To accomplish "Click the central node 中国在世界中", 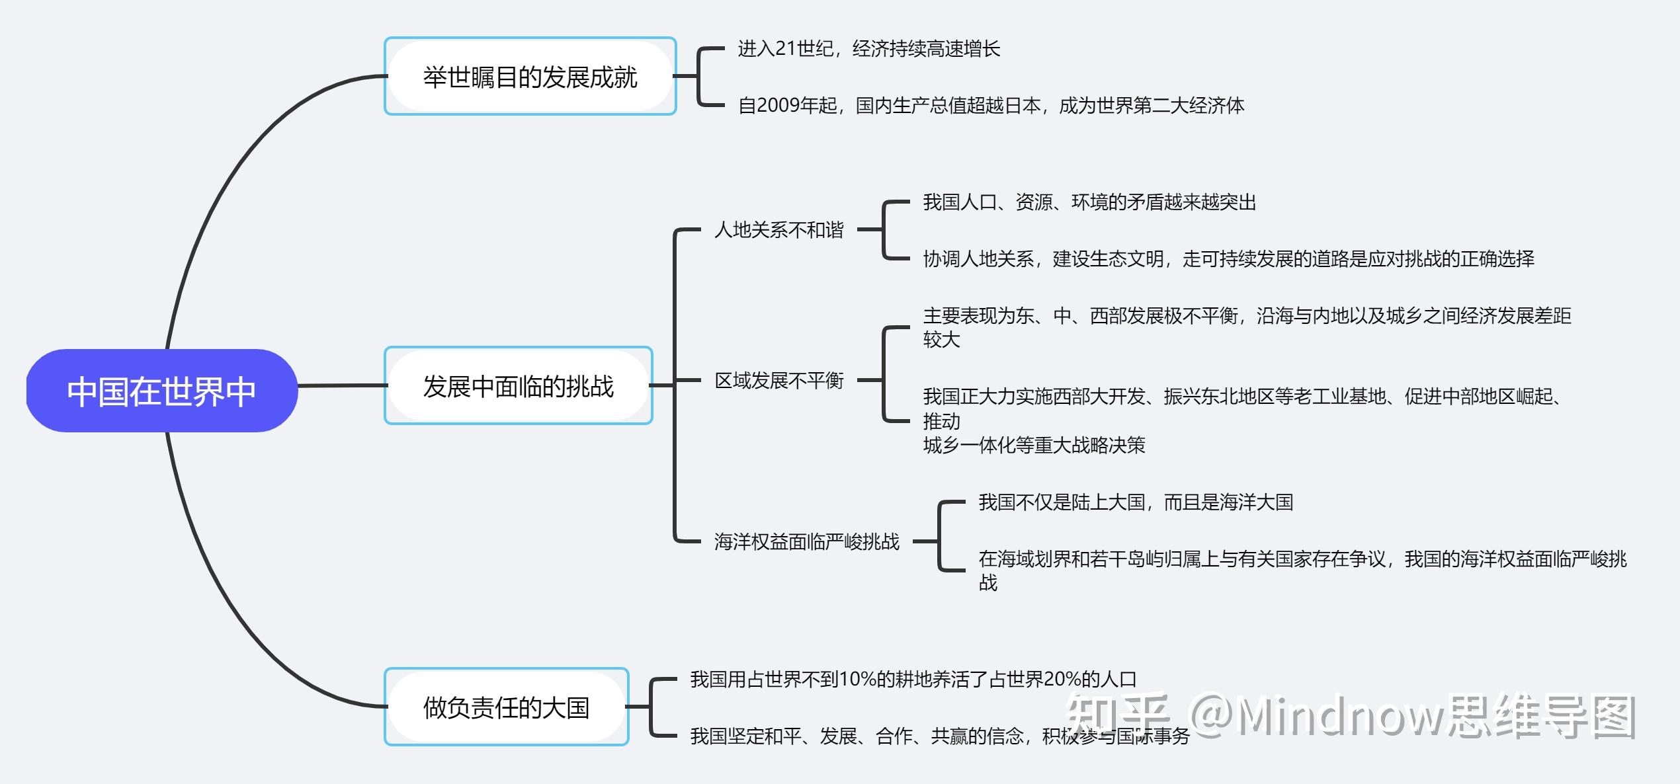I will tap(162, 391).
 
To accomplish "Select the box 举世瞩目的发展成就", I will tap(530, 77).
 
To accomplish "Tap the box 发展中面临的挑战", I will tap(519, 386).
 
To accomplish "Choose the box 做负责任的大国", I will tap(506, 707).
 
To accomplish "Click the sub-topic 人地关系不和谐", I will tap(778, 230).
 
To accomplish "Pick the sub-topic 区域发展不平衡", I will tap(778, 381).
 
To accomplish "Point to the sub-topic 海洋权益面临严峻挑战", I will tap(806, 542).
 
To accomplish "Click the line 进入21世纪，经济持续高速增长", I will tap(868, 49).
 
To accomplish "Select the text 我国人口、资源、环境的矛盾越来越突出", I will tap(1089, 202).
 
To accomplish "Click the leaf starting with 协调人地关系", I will tap(1228, 259).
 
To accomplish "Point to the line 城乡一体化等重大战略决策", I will tap(1034, 446).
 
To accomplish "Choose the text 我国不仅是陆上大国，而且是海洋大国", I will tap(1135, 502).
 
